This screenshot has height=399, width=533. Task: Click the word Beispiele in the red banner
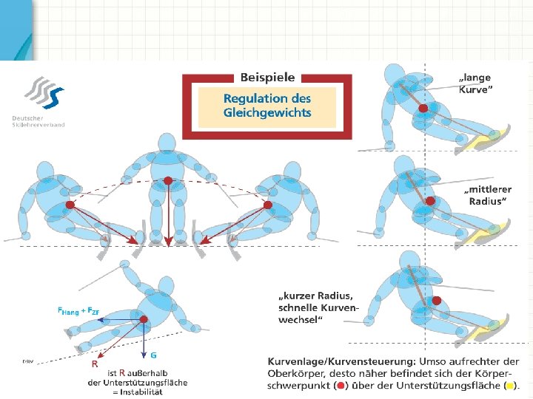click(267, 77)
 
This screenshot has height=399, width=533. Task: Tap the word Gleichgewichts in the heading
click(267, 113)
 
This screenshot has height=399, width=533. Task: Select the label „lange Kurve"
click(475, 82)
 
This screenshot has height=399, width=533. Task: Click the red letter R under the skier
click(94, 364)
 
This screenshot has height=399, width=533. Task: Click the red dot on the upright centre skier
click(168, 180)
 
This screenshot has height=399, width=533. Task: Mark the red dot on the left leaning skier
click(70, 204)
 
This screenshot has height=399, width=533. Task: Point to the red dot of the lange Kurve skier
click(423, 109)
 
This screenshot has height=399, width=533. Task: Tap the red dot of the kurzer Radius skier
click(437, 300)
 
